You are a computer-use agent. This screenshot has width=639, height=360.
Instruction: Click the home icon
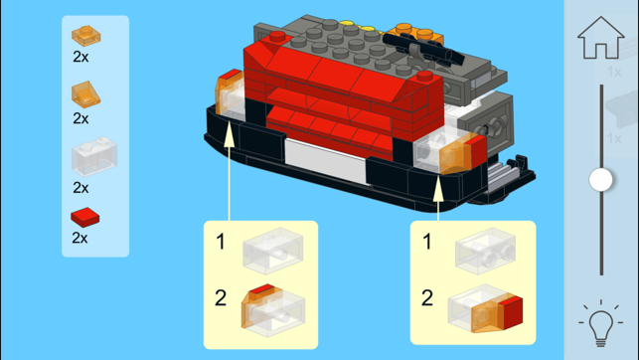pyautogui.click(x=600, y=38)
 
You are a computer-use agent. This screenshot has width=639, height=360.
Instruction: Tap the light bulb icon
pyautogui.click(x=600, y=323)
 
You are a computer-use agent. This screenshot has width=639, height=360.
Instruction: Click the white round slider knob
pyautogui.click(x=600, y=179)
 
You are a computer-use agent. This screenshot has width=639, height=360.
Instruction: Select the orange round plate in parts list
pyautogui.click(x=86, y=36)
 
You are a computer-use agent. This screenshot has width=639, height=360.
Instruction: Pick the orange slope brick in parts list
pyautogui.click(x=86, y=94)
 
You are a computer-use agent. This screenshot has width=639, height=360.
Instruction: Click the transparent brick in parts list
pyautogui.click(x=94, y=156)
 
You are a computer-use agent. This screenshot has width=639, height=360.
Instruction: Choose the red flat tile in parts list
pyautogui.click(x=85, y=218)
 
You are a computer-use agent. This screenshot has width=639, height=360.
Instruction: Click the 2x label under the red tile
pyautogui.click(x=80, y=238)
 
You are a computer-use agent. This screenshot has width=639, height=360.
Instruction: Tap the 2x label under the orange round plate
pyautogui.click(x=80, y=57)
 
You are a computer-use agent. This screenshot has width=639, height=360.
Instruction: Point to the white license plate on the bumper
pyautogui.click(x=326, y=161)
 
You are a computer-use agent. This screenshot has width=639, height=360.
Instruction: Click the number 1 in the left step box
pyautogui.click(x=221, y=242)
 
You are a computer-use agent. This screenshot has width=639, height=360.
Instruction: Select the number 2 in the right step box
pyautogui.click(x=427, y=297)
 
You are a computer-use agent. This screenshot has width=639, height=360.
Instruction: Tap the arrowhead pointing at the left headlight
pyautogui.click(x=229, y=133)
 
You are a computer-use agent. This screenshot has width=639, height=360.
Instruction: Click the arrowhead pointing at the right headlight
pyautogui.click(x=438, y=189)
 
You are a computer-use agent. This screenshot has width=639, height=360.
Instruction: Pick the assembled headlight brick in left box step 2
pyautogui.click(x=273, y=310)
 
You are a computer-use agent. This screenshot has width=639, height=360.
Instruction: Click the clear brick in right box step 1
pyautogui.click(x=485, y=251)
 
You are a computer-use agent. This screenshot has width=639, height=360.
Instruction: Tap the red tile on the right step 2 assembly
pyautogui.click(x=513, y=312)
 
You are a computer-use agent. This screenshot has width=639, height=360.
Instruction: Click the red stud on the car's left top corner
pyautogui.click(x=277, y=36)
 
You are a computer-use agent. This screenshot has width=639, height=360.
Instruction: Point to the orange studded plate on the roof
pyautogui.click(x=414, y=34)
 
